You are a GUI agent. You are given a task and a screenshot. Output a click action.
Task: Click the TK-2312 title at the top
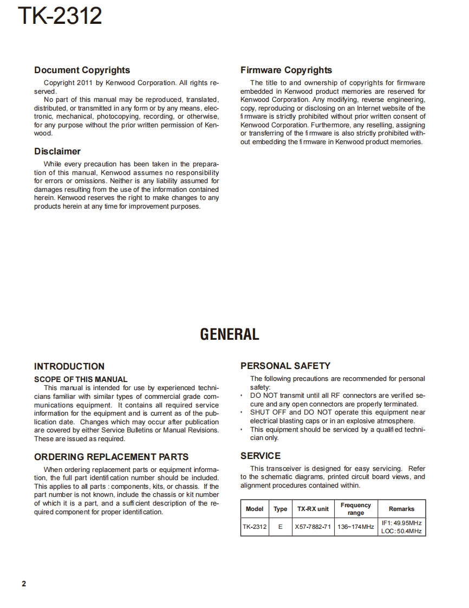point(60,16)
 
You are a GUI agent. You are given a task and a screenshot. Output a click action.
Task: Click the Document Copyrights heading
point(82,70)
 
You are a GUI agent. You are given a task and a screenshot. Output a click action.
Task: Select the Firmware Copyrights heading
point(286,70)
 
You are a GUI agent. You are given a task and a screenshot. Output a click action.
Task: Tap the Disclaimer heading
point(57,151)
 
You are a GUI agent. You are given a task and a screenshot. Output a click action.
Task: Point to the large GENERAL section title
point(230,334)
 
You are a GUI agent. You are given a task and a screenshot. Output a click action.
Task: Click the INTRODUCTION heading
point(69,366)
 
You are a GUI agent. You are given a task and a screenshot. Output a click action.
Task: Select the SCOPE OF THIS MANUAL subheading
point(81,379)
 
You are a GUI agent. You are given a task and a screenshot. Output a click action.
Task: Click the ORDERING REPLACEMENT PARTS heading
point(111,457)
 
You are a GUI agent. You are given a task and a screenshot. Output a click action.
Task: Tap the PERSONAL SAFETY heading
point(285,366)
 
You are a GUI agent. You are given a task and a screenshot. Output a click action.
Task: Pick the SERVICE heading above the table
point(260,456)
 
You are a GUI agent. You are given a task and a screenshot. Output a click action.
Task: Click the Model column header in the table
point(255,509)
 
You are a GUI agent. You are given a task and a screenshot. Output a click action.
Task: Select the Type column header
point(281,509)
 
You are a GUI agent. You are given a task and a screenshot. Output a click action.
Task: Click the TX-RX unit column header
point(312,509)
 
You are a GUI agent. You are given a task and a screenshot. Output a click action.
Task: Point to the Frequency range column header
point(356,509)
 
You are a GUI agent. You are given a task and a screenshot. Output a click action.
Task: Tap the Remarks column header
point(401,509)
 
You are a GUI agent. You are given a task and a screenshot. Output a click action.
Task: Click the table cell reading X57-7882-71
point(312,527)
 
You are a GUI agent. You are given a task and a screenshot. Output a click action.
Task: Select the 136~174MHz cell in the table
point(356,527)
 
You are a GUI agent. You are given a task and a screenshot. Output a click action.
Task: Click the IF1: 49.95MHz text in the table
point(401,523)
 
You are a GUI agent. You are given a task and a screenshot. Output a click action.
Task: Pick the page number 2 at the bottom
point(23,584)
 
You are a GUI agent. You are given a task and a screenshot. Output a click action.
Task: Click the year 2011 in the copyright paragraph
point(86,83)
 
